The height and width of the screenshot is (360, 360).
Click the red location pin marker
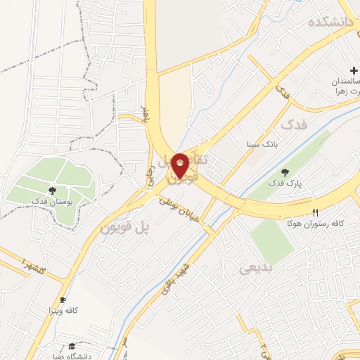tap(181, 165)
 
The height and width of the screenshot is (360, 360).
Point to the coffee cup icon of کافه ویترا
tap(63, 300)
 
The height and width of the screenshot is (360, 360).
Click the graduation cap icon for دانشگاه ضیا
tap(72, 346)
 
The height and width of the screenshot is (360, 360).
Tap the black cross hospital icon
tap(353, 70)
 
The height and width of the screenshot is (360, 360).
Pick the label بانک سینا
tap(258, 145)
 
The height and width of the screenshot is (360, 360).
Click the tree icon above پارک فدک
tap(285, 172)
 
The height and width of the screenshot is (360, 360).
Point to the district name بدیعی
tap(254, 268)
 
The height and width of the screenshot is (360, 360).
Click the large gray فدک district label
tap(294, 125)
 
